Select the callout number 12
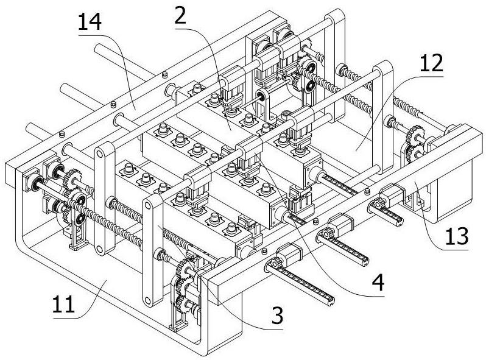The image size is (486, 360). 431,63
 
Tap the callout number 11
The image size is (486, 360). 63,303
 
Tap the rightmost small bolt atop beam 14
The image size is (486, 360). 164,74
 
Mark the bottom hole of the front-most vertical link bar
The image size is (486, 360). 147,298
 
